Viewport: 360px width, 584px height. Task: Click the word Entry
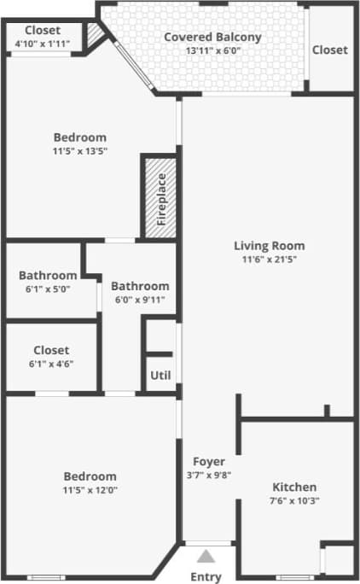[x=206, y=576]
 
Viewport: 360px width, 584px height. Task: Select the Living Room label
[x=270, y=246]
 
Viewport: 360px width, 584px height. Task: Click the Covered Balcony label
[x=212, y=37]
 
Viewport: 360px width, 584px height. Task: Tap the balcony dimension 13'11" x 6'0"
[x=212, y=50]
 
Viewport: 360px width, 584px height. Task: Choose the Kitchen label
[x=294, y=487]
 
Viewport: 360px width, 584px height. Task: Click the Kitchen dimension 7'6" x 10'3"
[x=294, y=500]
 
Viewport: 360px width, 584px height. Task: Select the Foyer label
[x=208, y=462]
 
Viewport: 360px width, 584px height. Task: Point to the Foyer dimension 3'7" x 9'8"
[x=208, y=476]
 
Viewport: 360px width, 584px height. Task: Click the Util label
[x=160, y=375]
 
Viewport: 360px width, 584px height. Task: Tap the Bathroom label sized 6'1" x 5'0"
[x=48, y=276]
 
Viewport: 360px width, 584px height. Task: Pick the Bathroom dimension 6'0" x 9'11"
[x=140, y=300]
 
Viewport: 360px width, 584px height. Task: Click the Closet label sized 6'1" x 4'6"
[x=51, y=350]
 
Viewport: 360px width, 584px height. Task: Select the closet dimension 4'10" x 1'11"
[x=43, y=44]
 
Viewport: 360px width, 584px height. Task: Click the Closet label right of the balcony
[x=329, y=50]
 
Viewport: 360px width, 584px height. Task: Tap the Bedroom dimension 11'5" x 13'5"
[x=79, y=151]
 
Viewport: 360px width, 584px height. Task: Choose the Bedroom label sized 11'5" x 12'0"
[x=90, y=476]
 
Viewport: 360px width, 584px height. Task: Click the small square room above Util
[x=160, y=336]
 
